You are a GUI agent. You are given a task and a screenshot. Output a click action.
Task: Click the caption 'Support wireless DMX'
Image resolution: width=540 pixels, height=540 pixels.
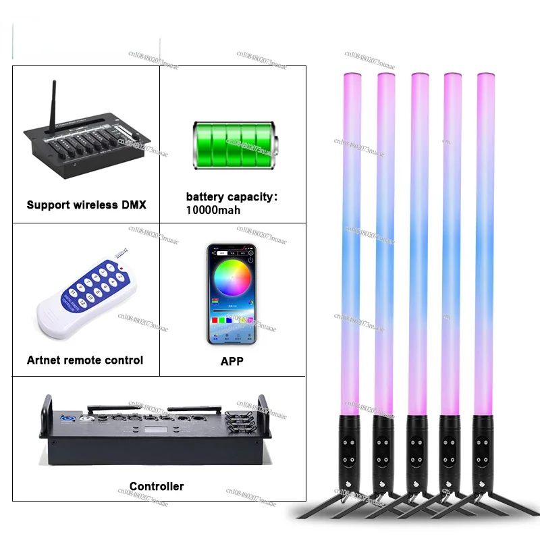pyautogui.click(x=85, y=204)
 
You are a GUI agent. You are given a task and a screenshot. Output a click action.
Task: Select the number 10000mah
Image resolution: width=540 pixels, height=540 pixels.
pyautogui.click(x=214, y=210)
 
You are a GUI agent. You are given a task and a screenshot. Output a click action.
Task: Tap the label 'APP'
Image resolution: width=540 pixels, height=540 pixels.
pyautogui.click(x=232, y=361)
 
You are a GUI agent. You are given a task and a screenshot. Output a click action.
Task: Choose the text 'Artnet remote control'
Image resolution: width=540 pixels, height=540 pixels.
pyautogui.click(x=85, y=360)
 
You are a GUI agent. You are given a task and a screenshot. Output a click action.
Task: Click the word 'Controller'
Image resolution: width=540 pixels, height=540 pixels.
pyautogui.click(x=157, y=486)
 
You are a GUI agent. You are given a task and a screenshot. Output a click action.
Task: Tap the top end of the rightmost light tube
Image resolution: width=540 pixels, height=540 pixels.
pyautogui.click(x=485, y=74)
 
